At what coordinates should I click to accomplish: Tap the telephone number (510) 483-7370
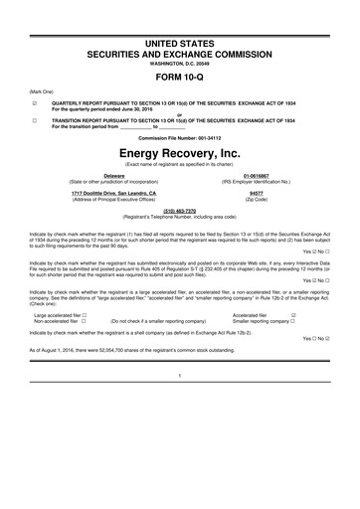pyautogui.click(x=179, y=213)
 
